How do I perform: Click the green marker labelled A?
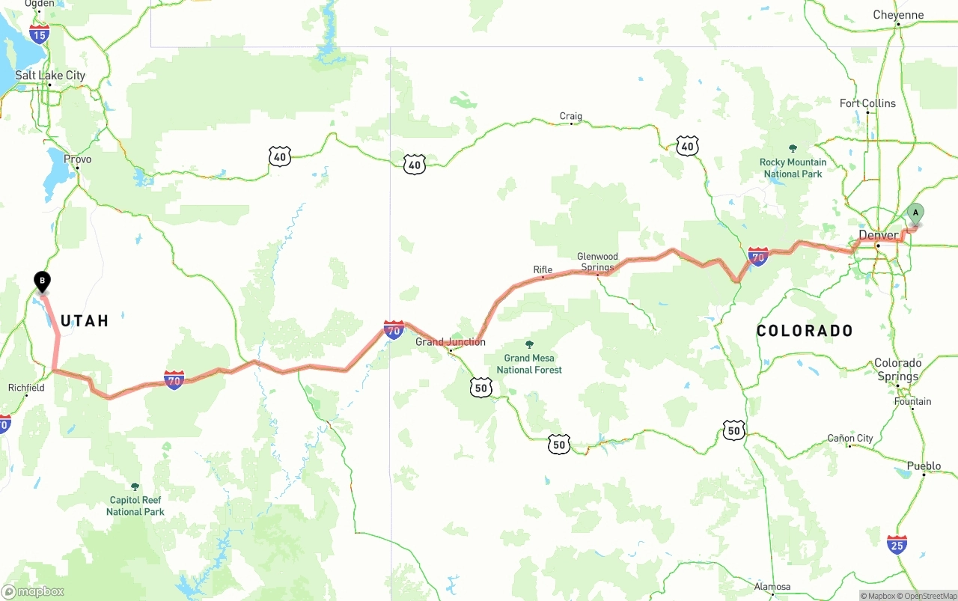click(x=915, y=213)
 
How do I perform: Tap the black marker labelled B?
click(x=43, y=281)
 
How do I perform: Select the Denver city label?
click(x=878, y=236)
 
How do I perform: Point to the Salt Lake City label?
click(x=51, y=76)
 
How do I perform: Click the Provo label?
click(x=78, y=159)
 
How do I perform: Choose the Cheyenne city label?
click(x=898, y=15)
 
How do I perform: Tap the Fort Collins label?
click(x=867, y=103)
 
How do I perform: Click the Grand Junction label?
click(x=451, y=342)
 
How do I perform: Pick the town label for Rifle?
click(x=543, y=269)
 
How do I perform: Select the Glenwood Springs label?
click(x=597, y=262)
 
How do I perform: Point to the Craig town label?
click(x=570, y=116)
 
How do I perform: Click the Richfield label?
click(x=26, y=388)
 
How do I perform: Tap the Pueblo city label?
click(x=924, y=466)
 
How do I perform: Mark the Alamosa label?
click(x=772, y=587)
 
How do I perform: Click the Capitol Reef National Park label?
click(x=135, y=506)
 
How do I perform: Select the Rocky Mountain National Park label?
click(x=793, y=168)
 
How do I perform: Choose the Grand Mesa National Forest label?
click(x=529, y=364)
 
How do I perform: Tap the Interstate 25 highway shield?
click(x=897, y=544)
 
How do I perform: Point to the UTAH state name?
click(x=85, y=321)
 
